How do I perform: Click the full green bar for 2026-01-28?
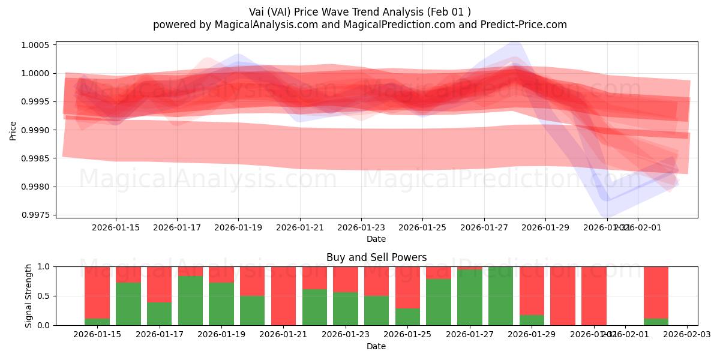tap(501, 296)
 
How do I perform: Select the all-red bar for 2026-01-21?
tap(284, 296)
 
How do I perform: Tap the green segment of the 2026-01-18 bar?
tap(190, 301)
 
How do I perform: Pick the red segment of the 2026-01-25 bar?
tap(408, 287)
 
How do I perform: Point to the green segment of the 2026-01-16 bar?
tap(128, 304)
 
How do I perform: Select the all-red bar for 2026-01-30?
tap(563, 296)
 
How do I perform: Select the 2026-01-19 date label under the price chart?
tap(238, 228)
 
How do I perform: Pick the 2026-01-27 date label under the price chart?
tap(484, 228)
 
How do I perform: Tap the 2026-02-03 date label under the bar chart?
tap(686, 335)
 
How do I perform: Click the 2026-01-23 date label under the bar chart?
tap(345, 335)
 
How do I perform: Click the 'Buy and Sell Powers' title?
tap(376, 257)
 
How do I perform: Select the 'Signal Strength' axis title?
tap(28, 296)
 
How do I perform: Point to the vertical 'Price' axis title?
tap(13, 130)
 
